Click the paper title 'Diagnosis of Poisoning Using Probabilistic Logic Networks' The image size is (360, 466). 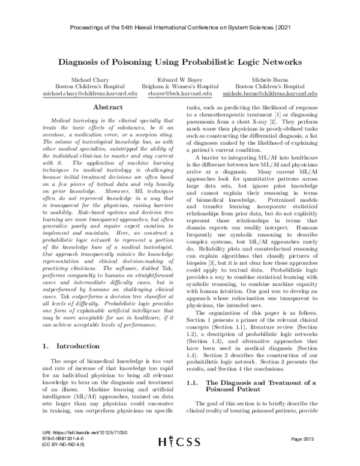pyautogui.click(x=180, y=61)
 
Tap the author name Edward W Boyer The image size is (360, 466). pyautogui.click(x=180, y=79)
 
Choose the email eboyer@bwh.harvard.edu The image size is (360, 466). pyautogui.click(x=180, y=94)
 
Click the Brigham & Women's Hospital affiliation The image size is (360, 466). pyautogui.click(x=180, y=86)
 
